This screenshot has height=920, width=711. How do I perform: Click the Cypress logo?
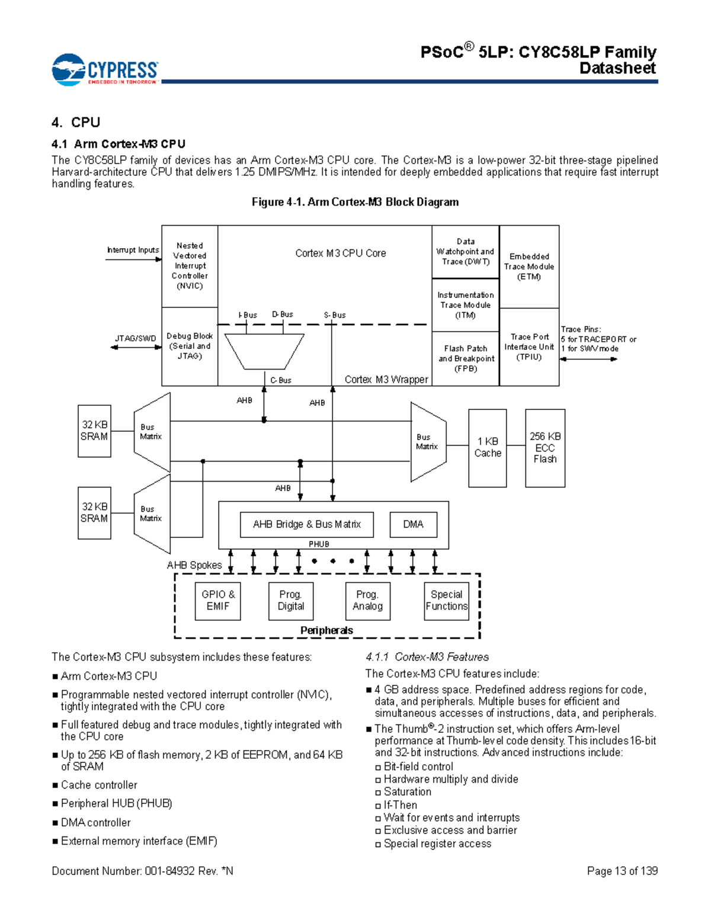coord(105,70)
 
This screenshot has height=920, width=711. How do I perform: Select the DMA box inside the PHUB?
coord(413,524)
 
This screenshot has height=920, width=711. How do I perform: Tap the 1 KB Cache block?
coord(488,448)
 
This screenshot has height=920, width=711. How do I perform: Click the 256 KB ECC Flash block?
coord(545,448)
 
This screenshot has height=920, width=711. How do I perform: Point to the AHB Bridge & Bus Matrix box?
coord(306,524)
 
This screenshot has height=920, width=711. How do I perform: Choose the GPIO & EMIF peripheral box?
coord(218,601)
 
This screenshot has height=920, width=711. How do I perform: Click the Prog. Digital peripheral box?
coord(291,601)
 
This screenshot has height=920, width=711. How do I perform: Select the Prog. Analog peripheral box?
coord(368,601)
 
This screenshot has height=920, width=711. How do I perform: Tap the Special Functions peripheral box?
coord(447,601)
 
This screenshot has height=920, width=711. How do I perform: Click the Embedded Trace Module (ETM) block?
coord(529,267)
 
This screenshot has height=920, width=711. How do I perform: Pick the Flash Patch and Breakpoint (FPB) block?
coord(466,358)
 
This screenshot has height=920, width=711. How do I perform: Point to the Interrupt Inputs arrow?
coord(133,259)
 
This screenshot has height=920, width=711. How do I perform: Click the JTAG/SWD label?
coord(135,339)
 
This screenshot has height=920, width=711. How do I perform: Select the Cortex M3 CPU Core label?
coord(341,254)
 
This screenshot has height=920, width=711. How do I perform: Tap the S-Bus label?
coord(335,315)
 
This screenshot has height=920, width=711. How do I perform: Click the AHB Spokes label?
coord(194,565)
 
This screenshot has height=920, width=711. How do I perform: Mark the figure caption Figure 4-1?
coord(355,202)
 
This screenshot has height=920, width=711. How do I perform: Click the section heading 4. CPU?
coord(76,123)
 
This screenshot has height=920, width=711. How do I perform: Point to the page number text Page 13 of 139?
coord(622,871)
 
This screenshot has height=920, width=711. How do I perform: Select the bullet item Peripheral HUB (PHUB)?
coord(117,804)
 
